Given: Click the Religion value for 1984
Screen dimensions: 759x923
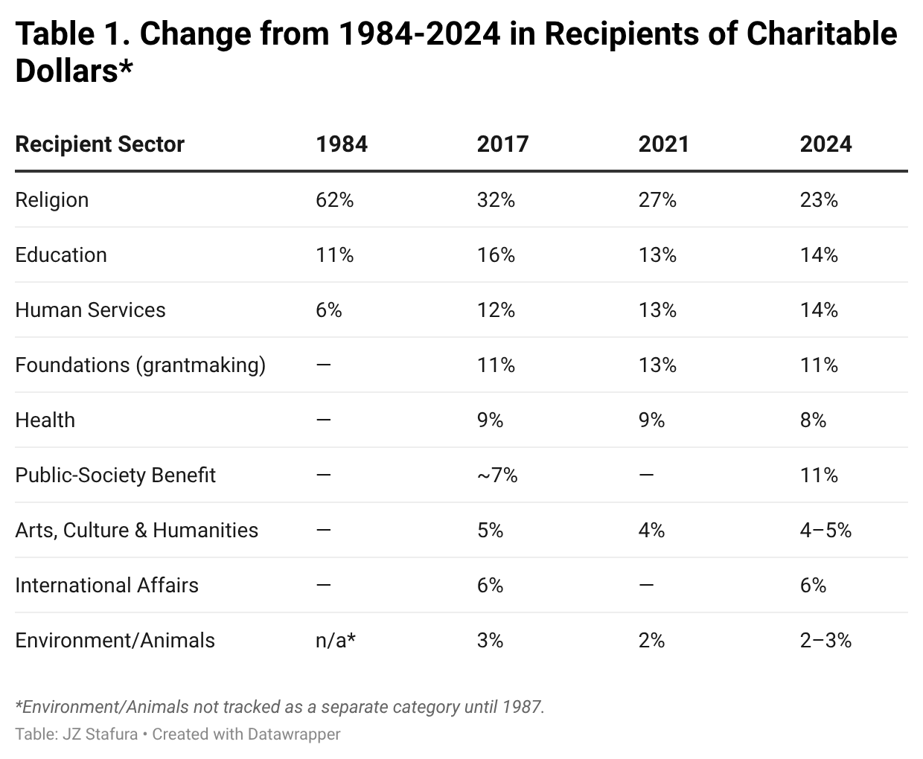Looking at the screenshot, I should pyautogui.click(x=334, y=199).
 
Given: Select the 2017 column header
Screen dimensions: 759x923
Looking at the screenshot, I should pyautogui.click(x=502, y=144).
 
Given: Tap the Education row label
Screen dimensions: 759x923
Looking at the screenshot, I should pyautogui.click(x=61, y=254).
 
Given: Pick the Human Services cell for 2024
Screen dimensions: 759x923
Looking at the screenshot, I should pyautogui.click(x=819, y=310).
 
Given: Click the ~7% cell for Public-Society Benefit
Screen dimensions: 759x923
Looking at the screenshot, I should pyautogui.click(x=497, y=475).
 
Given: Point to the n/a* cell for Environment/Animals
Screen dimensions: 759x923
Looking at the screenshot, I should pyautogui.click(x=335, y=640).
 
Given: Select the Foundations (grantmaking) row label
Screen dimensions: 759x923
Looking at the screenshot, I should pyautogui.click(x=140, y=365).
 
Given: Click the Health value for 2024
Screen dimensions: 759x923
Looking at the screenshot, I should pyautogui.click(x=813, y=420).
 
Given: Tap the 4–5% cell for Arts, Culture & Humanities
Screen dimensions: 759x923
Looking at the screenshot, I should pyautogui.click(x=825, y=530).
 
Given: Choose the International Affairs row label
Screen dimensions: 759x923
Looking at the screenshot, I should pyautogui.click(x=106, y=585).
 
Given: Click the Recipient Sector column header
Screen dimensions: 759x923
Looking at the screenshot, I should pyautogui.click(x=100, y=144).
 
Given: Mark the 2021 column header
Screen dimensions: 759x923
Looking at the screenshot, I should pyautogui.click(x=663, y=144).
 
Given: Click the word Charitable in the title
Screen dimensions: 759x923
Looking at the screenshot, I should pyautogui.click(x=822, y=34).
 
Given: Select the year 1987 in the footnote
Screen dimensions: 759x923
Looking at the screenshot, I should pyautogui.click(x=521, y=706).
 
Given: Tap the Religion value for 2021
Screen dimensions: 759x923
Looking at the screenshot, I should pyautogui.click(x=657, y=199).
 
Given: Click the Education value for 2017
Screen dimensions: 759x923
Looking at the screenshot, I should pyautogui.click(x=496, y=254).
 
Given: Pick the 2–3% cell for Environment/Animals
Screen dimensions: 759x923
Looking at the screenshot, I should pyautogui.click(x=825, y=640).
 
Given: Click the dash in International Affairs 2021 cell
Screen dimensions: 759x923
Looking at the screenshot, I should pyautogui.click(x=646, y=585).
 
